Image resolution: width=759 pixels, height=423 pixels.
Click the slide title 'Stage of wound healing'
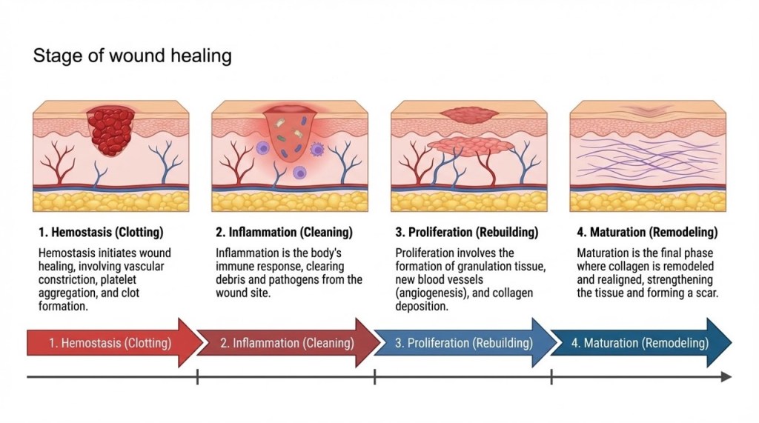(x=132, y=56)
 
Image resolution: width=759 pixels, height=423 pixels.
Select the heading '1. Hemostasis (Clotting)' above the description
(x=100, y=233)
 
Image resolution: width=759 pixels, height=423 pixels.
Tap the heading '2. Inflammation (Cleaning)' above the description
(x=284, y=233)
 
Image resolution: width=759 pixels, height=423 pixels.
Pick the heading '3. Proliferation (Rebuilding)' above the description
(x=467, y=233)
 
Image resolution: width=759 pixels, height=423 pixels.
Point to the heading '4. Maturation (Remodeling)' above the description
(x=647, y=233)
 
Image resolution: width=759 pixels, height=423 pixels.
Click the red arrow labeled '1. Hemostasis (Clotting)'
(x=111, y=343)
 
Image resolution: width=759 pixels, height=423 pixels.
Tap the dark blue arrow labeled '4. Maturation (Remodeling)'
(x=640, y=343)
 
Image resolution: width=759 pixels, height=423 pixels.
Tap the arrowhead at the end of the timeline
(x=726, y=377)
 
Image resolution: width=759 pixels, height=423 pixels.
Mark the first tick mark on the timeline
(x=198, y=377)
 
